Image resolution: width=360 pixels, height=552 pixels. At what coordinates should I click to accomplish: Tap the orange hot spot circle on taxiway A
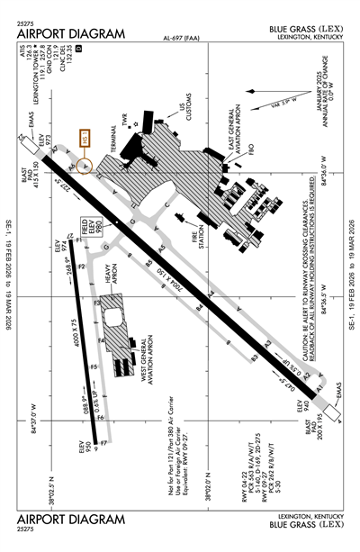pyautogui.click(x=85, y=166)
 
